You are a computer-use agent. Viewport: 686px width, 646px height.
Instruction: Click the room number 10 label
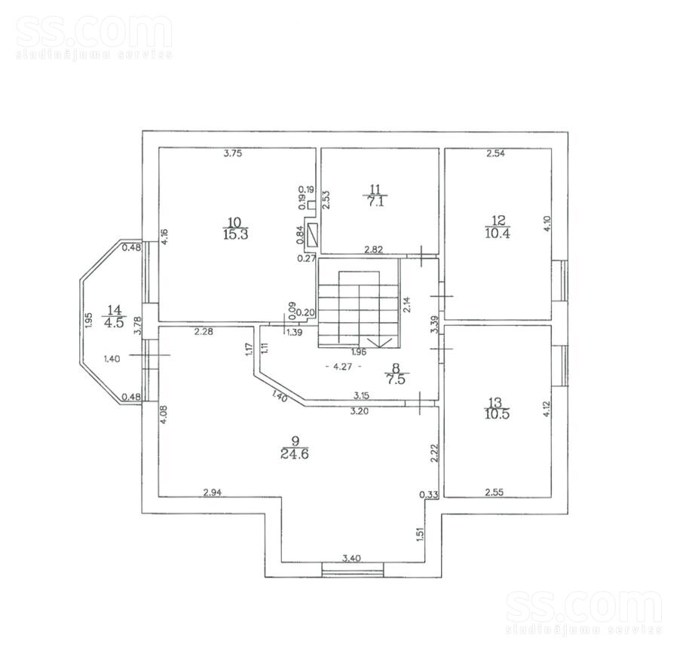(x=235, y=221)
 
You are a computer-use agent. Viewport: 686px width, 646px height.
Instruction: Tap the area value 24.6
(x=295, y=454)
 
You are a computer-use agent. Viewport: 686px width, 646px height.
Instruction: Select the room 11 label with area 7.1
(x=375, y=195)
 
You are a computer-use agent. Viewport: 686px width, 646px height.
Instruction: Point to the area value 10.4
(x=498, y=233)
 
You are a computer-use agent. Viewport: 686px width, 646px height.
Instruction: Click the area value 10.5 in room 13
(x=497, y=413)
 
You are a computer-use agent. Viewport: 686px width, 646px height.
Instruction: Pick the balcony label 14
(x=114, y=310)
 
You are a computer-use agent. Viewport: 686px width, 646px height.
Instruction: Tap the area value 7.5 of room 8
(x=396, y=379)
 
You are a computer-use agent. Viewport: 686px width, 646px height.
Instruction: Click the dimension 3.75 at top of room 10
(x=233, y=153)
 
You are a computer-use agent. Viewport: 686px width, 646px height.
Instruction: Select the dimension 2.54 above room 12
(x=496, y=153)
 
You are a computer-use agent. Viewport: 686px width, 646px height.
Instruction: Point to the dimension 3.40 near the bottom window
(x=351, y=558)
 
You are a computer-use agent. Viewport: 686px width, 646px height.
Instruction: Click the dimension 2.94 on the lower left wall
(x=212, y=492)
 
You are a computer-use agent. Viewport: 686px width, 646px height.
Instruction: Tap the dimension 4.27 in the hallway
(x=342, y=366)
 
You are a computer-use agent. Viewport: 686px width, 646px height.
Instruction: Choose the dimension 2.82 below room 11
(x=374, y=249)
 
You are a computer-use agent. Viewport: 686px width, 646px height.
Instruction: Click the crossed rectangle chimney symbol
(x=314, y=235)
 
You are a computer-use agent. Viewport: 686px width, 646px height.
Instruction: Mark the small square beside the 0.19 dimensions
(x=311, y=205)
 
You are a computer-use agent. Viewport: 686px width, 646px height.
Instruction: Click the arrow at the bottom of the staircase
(x=379, y=342)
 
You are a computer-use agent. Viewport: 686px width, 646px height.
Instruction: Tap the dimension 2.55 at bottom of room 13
(x=495, y=492)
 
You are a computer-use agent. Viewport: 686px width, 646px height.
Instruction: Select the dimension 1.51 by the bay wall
(x=420, y=535)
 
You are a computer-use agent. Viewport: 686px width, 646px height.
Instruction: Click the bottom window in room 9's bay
(x=353, y=569)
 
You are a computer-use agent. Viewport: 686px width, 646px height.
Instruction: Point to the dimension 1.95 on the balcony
(x=88, y=321)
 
